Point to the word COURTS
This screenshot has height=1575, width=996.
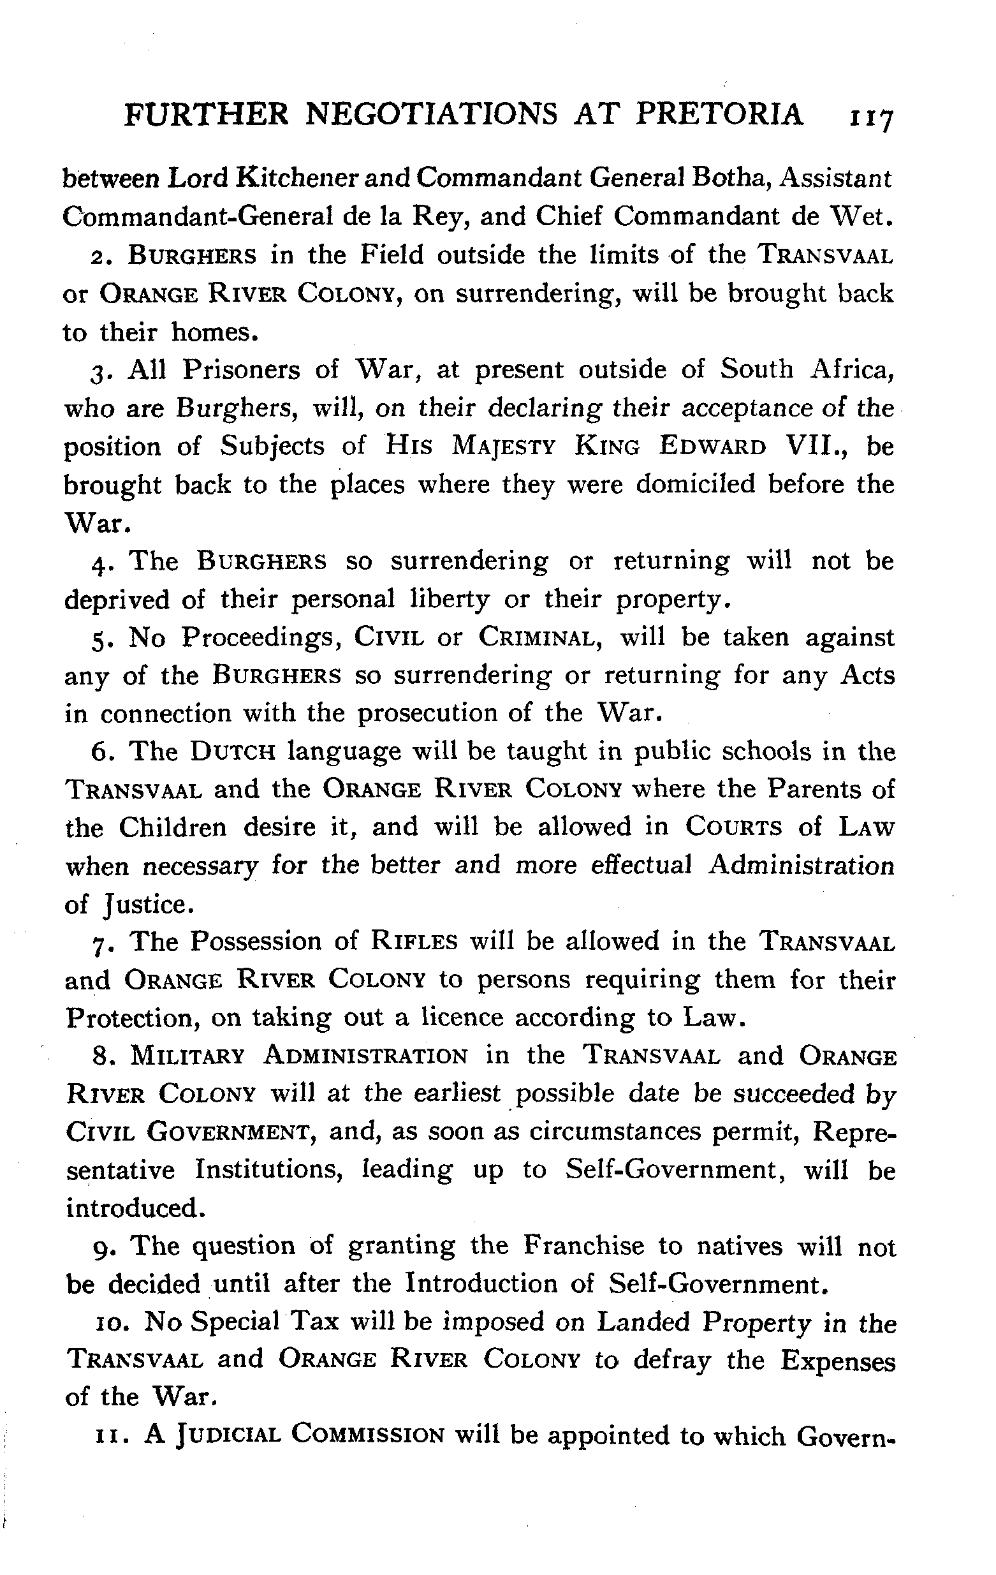tap(733, 827)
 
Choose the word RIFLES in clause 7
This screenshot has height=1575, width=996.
tap(414, 943)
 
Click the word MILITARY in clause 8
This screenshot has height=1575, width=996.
tap(187, 1057)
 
